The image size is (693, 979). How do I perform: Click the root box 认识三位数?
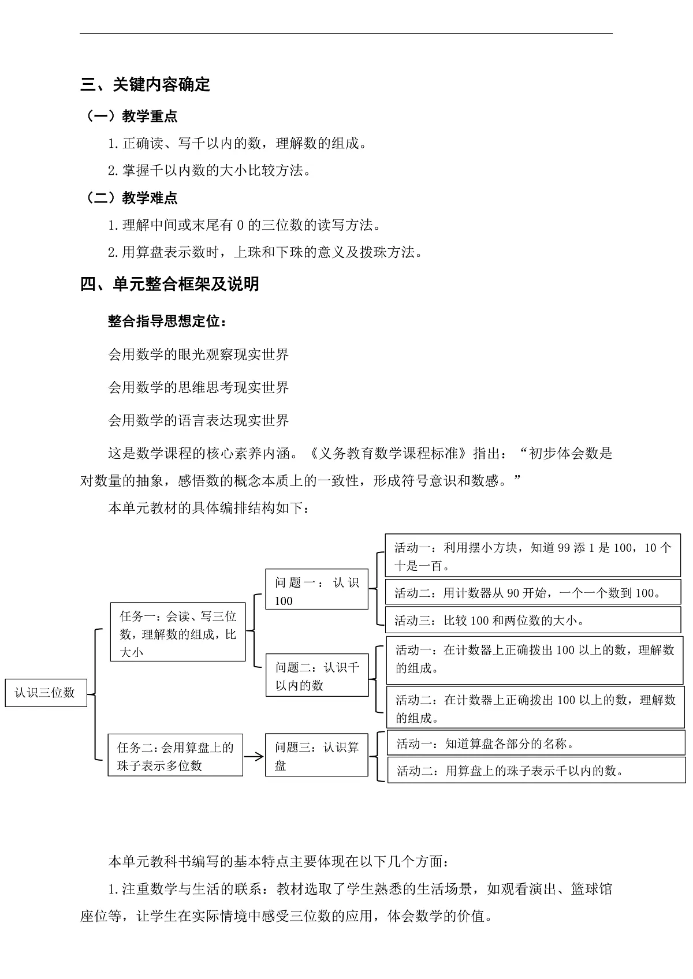coord(46,693)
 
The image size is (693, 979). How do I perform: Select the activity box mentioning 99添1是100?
coord(532,556)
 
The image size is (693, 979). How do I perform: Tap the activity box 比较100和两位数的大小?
coord(532,621)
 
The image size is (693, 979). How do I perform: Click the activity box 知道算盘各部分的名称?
coord(535,743)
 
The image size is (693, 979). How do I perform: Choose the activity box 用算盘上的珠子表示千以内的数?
coord(535,771)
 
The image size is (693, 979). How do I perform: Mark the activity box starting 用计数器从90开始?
coord(532,593)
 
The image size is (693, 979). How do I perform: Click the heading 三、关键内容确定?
coord(146,85)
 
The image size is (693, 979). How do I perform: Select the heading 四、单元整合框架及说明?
coord(170,284)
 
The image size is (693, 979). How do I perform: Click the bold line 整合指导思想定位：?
coord(167,321)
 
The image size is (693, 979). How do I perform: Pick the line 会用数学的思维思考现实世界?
coord(199,387)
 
